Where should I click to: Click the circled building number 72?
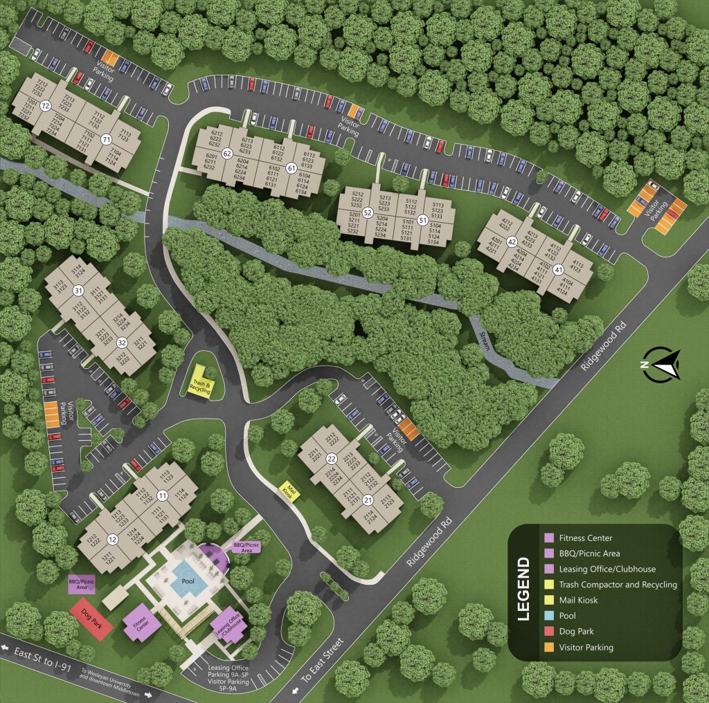pyautogui.click(x=46, y=106)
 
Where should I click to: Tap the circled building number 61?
pyautogui.click(x=291, y=167)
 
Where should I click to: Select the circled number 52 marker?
pyautogui.click(x=368, y=212)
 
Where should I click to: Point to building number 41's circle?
pyautogui.click(x=558, y=270)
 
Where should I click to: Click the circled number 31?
pyautogui.click(x=78, y=291)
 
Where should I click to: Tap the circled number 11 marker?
pyautogui.click(x=162, y=495)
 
